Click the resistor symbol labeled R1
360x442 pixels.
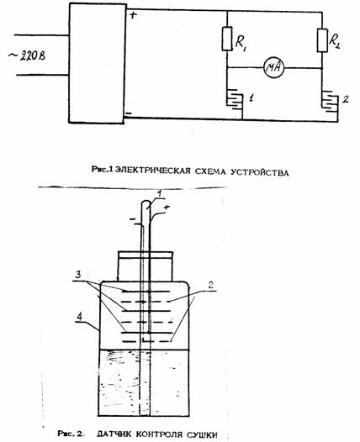click(x=227, y=39)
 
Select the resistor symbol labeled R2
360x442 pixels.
click(x=322, y=40)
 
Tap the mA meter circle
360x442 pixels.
click(x=273, y=68)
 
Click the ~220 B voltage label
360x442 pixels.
click(x=27, y=55)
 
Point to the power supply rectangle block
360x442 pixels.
click(x=98, y=63)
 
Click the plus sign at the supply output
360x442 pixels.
click(x=133, y=14)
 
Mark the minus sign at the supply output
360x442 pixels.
click(x=128, y=113)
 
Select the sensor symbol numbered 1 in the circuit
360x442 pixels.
click(x=235, y=101)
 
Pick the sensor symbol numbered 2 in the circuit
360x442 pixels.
click(x=330, y=102)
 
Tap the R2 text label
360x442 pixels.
click(x=334, y=41)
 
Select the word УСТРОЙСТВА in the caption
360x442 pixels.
click(x=259, y=172)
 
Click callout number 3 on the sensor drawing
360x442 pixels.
click(x=79, y=274)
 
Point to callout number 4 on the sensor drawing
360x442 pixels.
click(x=80, y=317)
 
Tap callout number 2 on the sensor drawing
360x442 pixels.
click(x=210, y=285)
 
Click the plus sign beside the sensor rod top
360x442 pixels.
click(x=167, y=208)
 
